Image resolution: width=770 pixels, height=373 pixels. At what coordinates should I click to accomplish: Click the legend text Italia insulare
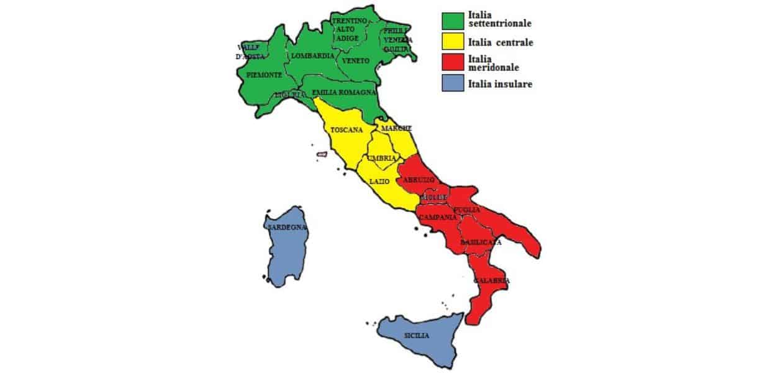[500, 83]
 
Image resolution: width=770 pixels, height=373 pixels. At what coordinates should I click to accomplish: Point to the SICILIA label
[416, 336]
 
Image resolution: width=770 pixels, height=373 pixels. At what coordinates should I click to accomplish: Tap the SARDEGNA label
[287, 228]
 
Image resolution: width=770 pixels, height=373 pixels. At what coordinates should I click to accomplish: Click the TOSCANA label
[347, 131]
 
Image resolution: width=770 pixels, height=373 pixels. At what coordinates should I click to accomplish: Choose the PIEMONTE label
[264, 75]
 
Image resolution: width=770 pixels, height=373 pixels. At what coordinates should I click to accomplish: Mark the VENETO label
[356, 61]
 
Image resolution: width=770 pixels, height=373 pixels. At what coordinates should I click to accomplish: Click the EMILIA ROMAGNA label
[344, 92]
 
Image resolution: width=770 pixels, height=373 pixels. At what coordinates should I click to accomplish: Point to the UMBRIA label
[381, 159]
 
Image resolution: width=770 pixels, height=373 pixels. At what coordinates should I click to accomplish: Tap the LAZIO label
[379, 182]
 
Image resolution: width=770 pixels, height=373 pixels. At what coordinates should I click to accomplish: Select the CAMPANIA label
[438, 218]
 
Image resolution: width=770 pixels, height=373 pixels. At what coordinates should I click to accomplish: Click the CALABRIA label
[492, 281]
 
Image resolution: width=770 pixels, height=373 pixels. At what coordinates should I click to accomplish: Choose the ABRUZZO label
[418, 180]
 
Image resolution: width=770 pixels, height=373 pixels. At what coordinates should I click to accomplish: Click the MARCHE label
[396, 128]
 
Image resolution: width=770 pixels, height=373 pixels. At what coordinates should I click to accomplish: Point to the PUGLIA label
[467, 210]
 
